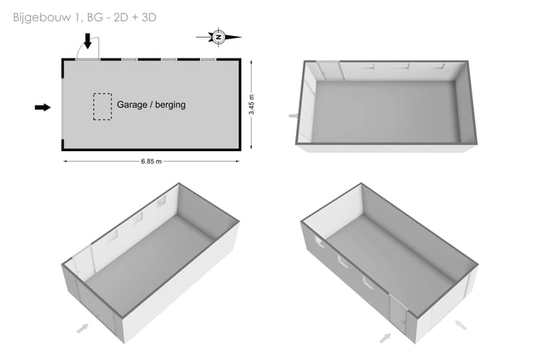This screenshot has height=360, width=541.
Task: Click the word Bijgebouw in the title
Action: click(x=42, y=17)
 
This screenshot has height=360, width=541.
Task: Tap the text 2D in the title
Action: click(x=121, y=17)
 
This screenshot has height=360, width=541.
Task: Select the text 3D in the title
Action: click(x=149, y=17)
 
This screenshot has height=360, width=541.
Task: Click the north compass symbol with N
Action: click(x=219, y=37)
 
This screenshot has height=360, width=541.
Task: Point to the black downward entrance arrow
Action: click(x=88, y=41)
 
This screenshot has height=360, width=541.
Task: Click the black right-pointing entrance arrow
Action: click(x=43, y=107)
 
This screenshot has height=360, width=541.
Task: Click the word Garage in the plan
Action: click(x=131, y=104)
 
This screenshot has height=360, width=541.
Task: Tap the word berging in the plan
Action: click(x=170, y=104)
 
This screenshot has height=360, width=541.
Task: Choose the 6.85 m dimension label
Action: click(x=151, y=161)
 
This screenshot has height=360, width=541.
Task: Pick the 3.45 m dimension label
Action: click(x=252, y=104)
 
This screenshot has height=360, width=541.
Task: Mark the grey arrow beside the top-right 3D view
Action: click(x=293, y=116)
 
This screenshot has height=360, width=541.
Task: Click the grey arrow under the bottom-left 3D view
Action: click(x=83, y=328)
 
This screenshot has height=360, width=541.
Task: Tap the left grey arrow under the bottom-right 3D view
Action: click(x=385, y=338)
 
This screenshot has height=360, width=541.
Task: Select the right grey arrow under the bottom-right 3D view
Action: click(x=461, y=325)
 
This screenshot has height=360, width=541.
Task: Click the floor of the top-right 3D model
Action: click(x=385, y=111)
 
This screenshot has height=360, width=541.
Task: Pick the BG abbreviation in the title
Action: click(x=95, y=17)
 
